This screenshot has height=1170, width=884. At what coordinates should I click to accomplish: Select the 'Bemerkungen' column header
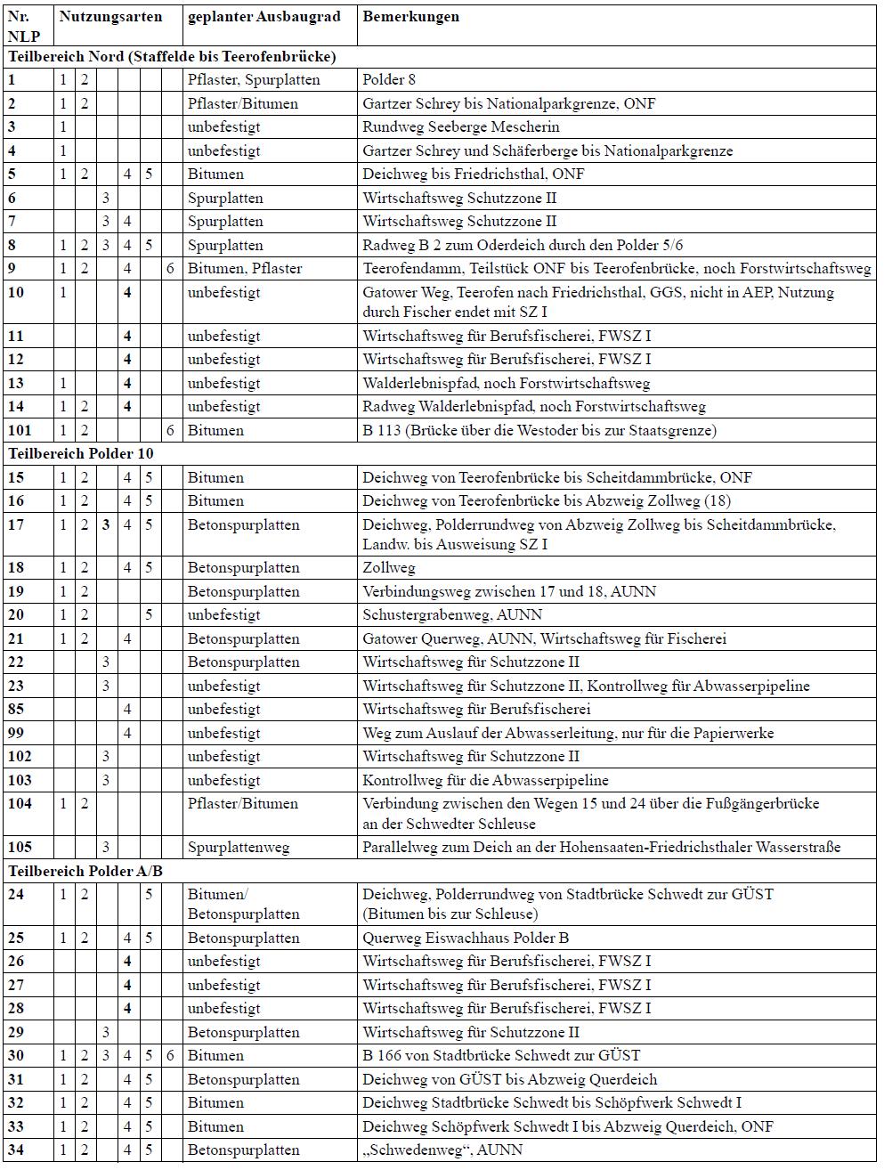(410, 17)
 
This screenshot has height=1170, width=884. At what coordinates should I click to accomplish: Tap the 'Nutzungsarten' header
(110, 17)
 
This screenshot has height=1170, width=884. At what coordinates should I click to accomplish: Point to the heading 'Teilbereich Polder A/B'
(85, 871)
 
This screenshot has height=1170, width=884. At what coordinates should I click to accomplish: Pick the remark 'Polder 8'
(389, 80)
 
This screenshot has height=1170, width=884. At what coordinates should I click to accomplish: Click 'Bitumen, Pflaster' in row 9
(245, 269)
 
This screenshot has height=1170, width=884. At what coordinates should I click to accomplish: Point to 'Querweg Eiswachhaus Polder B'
(466, 938)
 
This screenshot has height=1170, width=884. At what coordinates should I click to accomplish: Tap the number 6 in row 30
(170, 1056)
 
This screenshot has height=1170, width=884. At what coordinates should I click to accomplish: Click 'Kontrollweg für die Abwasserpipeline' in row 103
(486, 781)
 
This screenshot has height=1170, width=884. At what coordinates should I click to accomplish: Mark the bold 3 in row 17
(106, 525)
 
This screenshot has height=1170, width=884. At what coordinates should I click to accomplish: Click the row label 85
(16, 710)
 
